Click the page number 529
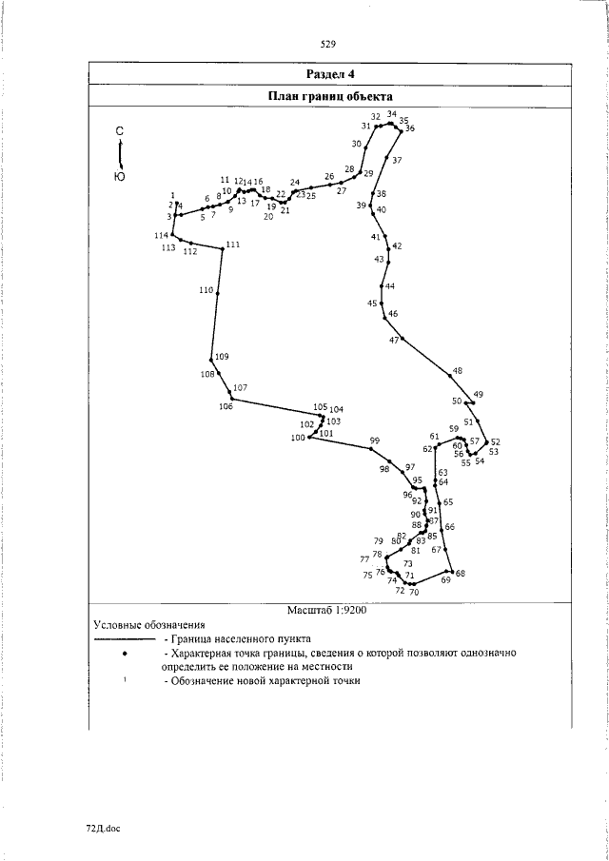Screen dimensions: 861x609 click(x=329, y=44)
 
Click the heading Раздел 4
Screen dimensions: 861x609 click(x=330, y=73)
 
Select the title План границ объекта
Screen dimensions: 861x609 click(x=330, y=96)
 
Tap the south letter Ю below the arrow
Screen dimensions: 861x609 click(x=119, y=177)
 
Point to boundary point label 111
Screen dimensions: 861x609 click(x=233, y=245)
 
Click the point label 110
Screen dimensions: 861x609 click(x=206, y=290)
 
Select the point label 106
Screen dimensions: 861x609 click(x=226, y=407)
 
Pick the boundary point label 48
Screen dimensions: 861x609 click(x=458, y=371)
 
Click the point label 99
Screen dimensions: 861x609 click(x=375, y=440)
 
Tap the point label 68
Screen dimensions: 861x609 click(x=460, y=574)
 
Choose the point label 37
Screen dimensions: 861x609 click(x=397, y=160)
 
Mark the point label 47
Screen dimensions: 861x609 click(x=394, y=340)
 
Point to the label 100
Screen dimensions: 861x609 click(x=298, y=438)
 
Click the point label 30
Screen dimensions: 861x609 click(x=356, y=145)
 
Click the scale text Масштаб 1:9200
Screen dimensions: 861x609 click(x=326, y=611)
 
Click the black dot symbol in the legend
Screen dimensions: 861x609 click(x=125, y=655)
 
